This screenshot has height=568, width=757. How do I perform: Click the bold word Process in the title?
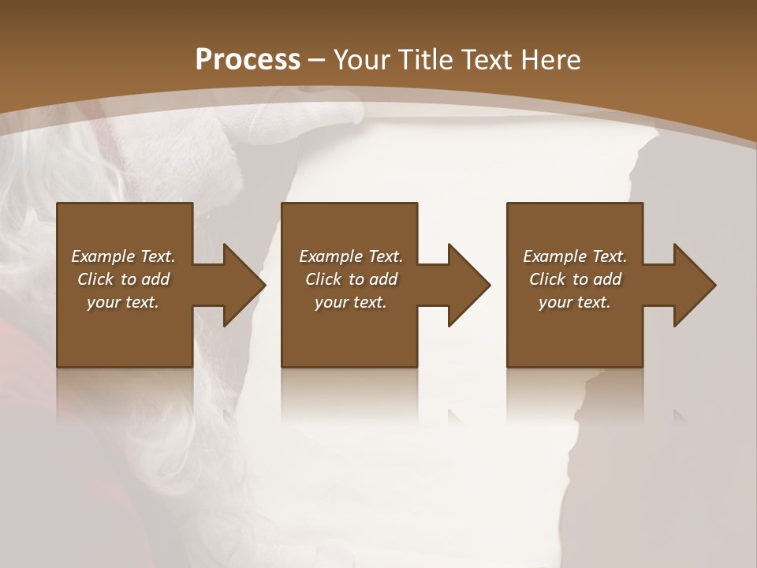point(248,60)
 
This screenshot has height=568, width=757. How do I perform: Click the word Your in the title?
point(363,60)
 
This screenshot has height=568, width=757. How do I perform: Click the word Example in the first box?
point(103,256)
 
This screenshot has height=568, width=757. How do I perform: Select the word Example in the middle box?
point(330,256)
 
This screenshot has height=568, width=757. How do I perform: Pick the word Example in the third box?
point(554,256)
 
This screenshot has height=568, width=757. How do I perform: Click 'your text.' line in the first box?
point(123,302)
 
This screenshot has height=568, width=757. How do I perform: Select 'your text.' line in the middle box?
point(351,302)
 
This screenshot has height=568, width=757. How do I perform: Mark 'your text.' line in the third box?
point(575,302)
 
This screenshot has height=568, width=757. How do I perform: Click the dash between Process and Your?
point(317,60)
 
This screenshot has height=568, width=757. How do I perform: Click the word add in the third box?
point(608,279)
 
